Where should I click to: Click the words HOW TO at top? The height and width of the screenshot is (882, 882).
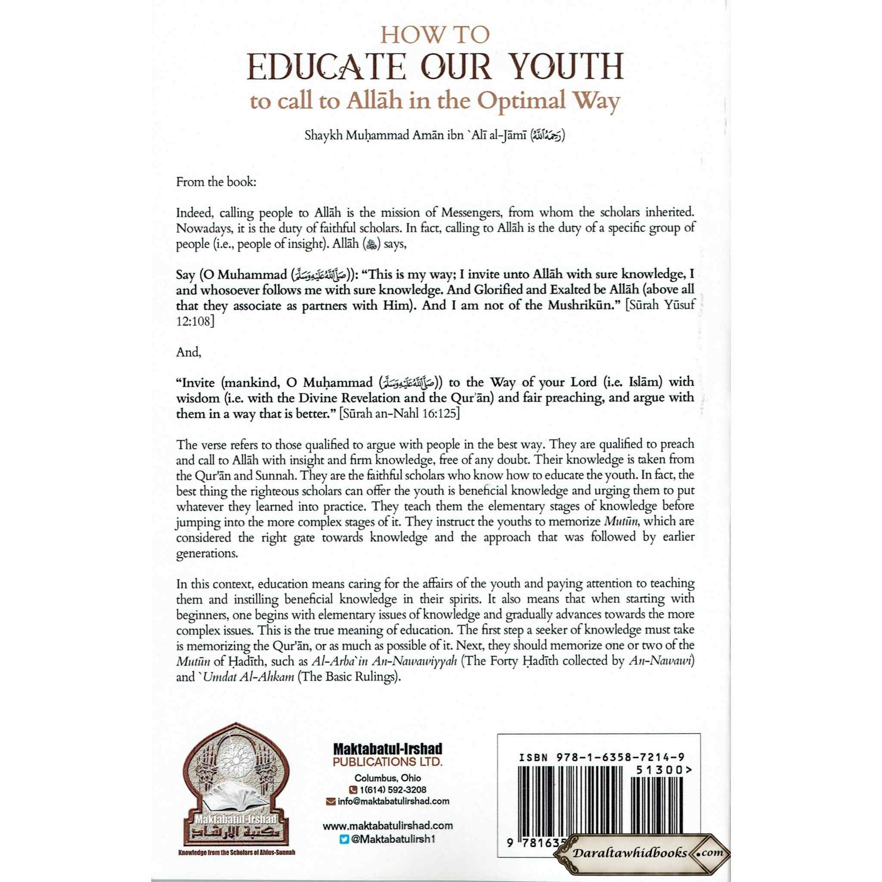(x=435, y=35)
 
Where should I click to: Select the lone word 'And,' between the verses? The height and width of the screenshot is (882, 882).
(x=189, y=352)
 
